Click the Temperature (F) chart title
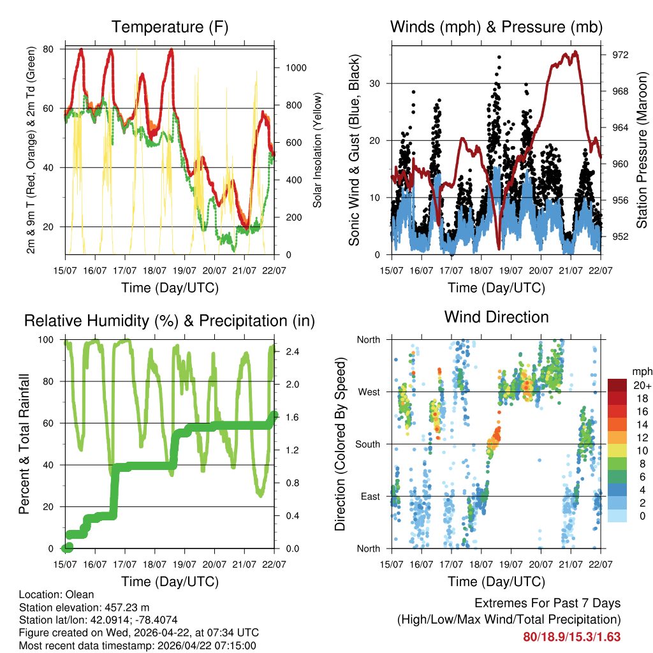click(x=170, y=27)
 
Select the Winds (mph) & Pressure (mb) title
click(x=496, y=27)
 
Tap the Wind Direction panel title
click(x=496, y=316)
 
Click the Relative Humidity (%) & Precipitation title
click(x=170, y=321)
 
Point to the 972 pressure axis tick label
click(x=620, y=55)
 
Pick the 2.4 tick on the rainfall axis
click(x=289, y=351)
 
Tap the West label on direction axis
click(x=369, y=392)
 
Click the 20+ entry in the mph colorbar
click(x=641, y=385)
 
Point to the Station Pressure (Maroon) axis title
click(x=642, y=150)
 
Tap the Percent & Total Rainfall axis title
click(x=24, y=444)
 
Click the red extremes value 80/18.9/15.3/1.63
click(x=572, y=636)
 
